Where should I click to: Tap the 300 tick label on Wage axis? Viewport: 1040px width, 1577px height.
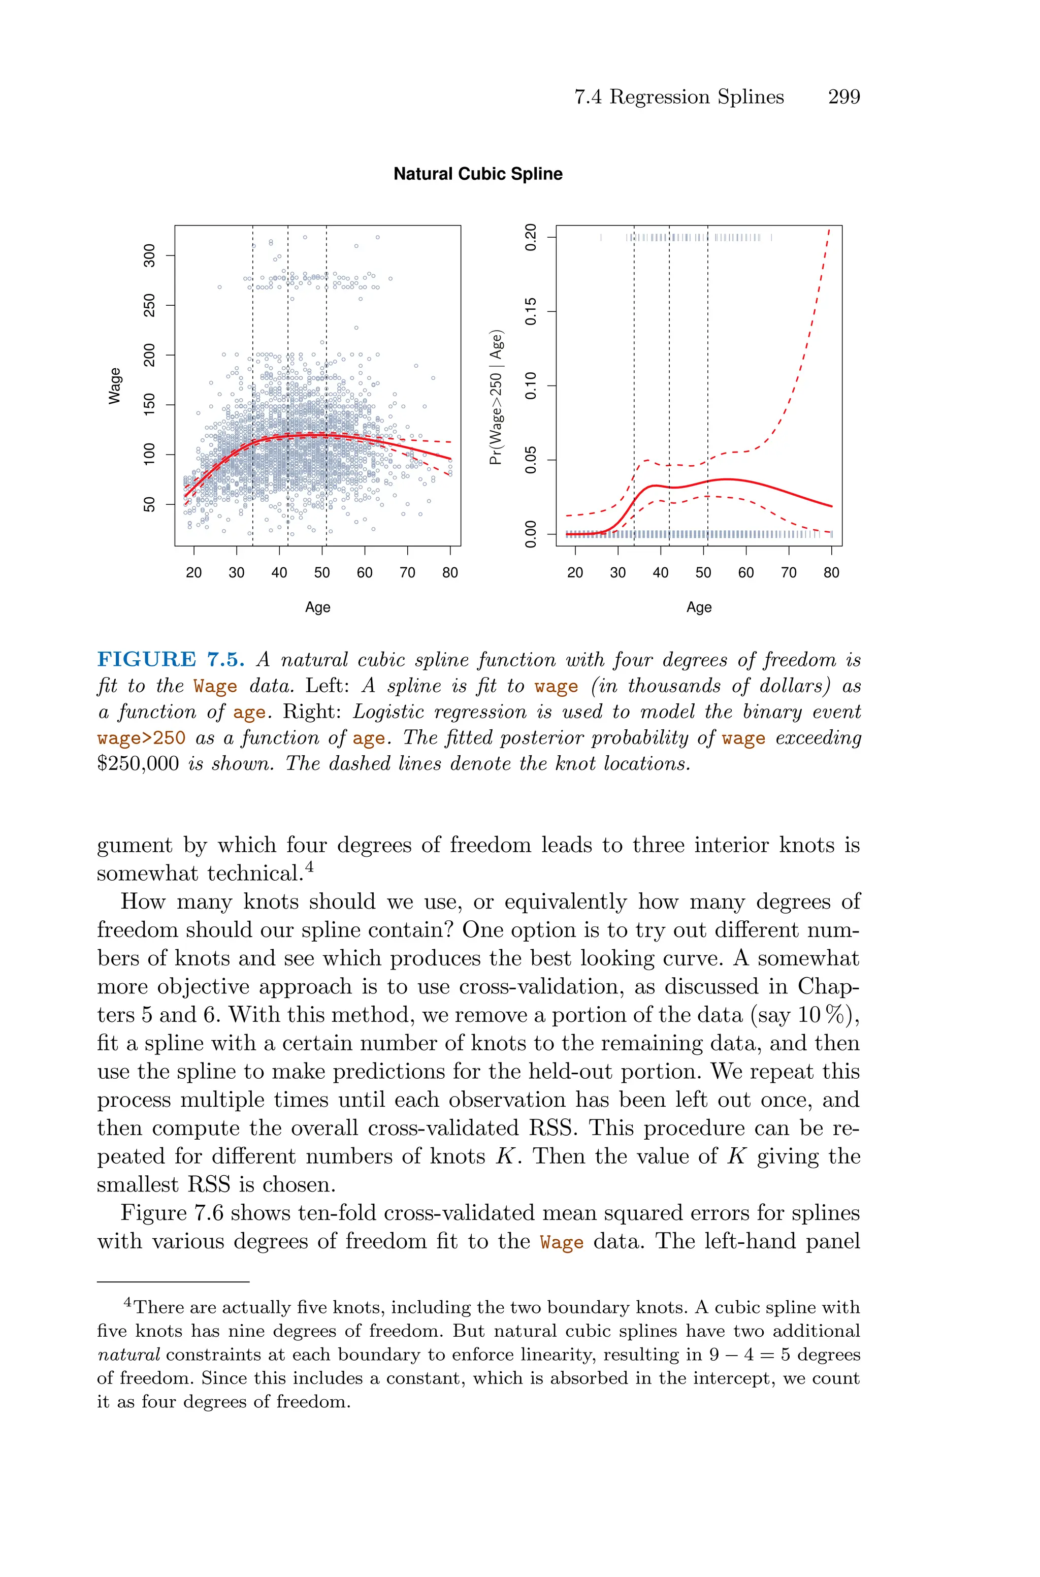pyautogui.click(x=150, y=255)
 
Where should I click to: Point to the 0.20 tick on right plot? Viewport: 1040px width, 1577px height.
pyautogui.click(x=531, y=237)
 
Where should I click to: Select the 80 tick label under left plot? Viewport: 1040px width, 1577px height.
pyautogui.click(x=450, y=573)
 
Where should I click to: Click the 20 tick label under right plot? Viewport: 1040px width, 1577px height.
pyautogui.click(x=575, y=573)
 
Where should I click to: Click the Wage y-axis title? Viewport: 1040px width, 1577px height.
pyautogui.click(x=115, y=386)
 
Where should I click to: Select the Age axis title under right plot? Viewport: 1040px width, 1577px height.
pyautogui.click(x=699, y=607)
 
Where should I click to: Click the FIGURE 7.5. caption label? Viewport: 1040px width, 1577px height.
pyautogui.click(x=171, y=660)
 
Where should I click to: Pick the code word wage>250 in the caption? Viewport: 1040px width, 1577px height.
pyautogui.click(x=141, y=738)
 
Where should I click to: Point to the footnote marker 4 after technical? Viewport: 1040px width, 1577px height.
pyautogui.click(x=308, y=867)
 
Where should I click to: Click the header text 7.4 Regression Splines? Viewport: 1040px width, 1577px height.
pyautogui.click(x=678, y=97)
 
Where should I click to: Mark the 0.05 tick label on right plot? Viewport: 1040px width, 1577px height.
pyautogui.click(x=531, y=460)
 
